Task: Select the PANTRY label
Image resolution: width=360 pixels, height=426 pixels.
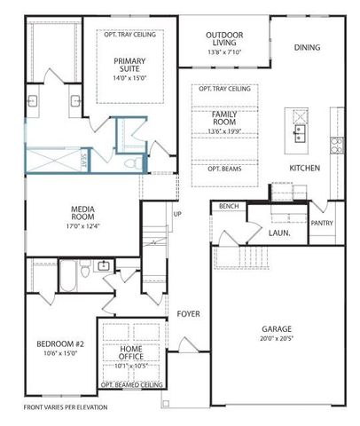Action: coord(322,223)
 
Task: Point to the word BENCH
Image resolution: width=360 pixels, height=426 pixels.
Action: coord(228,206)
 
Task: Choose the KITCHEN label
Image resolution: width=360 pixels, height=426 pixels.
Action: coord(304,168)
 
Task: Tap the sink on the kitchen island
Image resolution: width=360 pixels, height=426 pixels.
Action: coord(301,133)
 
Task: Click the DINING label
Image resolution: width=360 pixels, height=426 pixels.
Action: coord(307,47)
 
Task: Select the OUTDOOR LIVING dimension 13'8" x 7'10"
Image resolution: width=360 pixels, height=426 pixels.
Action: coord(224,53)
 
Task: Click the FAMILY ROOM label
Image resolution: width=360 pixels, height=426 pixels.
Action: coord(224,120)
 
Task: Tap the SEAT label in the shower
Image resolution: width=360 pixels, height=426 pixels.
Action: coord(85,161)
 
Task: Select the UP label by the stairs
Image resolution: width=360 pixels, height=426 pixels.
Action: coord(177,214)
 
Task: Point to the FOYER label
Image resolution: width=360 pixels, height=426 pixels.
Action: coord(187,313)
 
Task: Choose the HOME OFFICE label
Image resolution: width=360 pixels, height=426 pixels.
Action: coord(130,353)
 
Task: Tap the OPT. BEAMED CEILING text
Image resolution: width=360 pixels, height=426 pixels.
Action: coord(130,385)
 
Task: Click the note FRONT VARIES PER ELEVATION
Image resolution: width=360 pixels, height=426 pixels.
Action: coord(65,407)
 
